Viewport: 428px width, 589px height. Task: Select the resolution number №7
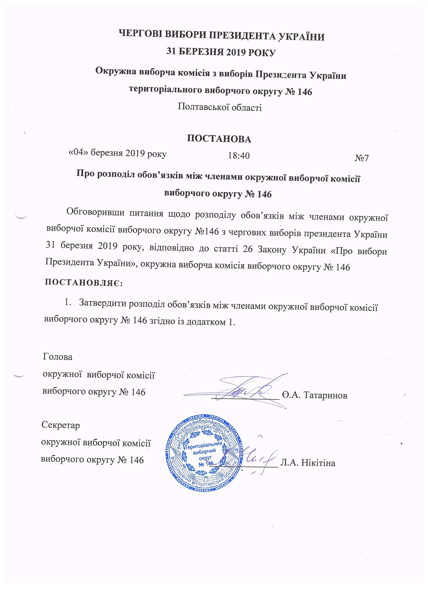(x=362, y=158)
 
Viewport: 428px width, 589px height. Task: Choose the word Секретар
(x=61, y=425)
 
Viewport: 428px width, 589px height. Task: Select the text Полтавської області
(x=220, y=107)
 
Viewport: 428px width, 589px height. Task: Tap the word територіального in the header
(x=165, y=89)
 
